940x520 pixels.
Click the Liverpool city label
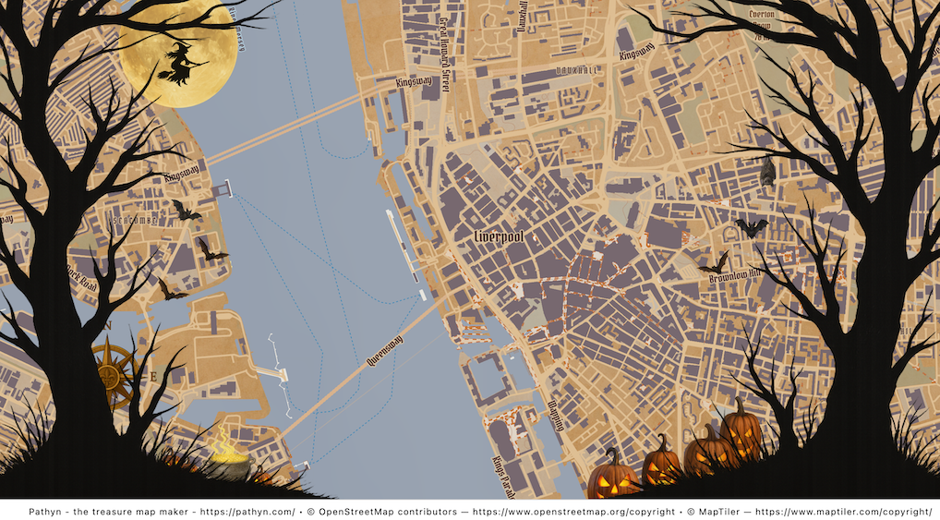(499, 237)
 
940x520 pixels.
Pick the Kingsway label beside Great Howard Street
(414, 81)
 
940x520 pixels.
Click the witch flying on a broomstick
(182, 64)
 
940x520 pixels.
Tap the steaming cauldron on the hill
(228, 461)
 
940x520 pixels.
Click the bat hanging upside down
(766, 171)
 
